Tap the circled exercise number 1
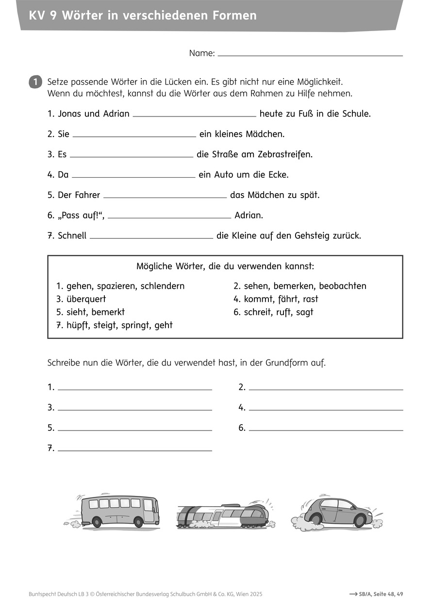pyautogui.click(x=35, y=82)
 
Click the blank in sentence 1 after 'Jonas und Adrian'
pyautogui.click(x=194, y=115)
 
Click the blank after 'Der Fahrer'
pyautogui.click(x=165, y=196)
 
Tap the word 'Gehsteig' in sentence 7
pyautogui.click(x=312, y=236)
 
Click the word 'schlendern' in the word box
pyautogui.click(x=163, y=286)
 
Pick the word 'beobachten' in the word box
pyautogui.click(x=342, y=286)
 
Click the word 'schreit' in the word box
pyautogui.click(x=257, y=313)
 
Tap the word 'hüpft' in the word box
pyautogui.click(x=79, y=326)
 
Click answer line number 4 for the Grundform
pyautogui.click(x=326, y=408)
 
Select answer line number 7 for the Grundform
pyautogui.click(x=135, y=449)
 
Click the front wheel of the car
pyautogui.click(x=360, y=521)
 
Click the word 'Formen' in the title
pyautogui.click(x=234, y=16)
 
